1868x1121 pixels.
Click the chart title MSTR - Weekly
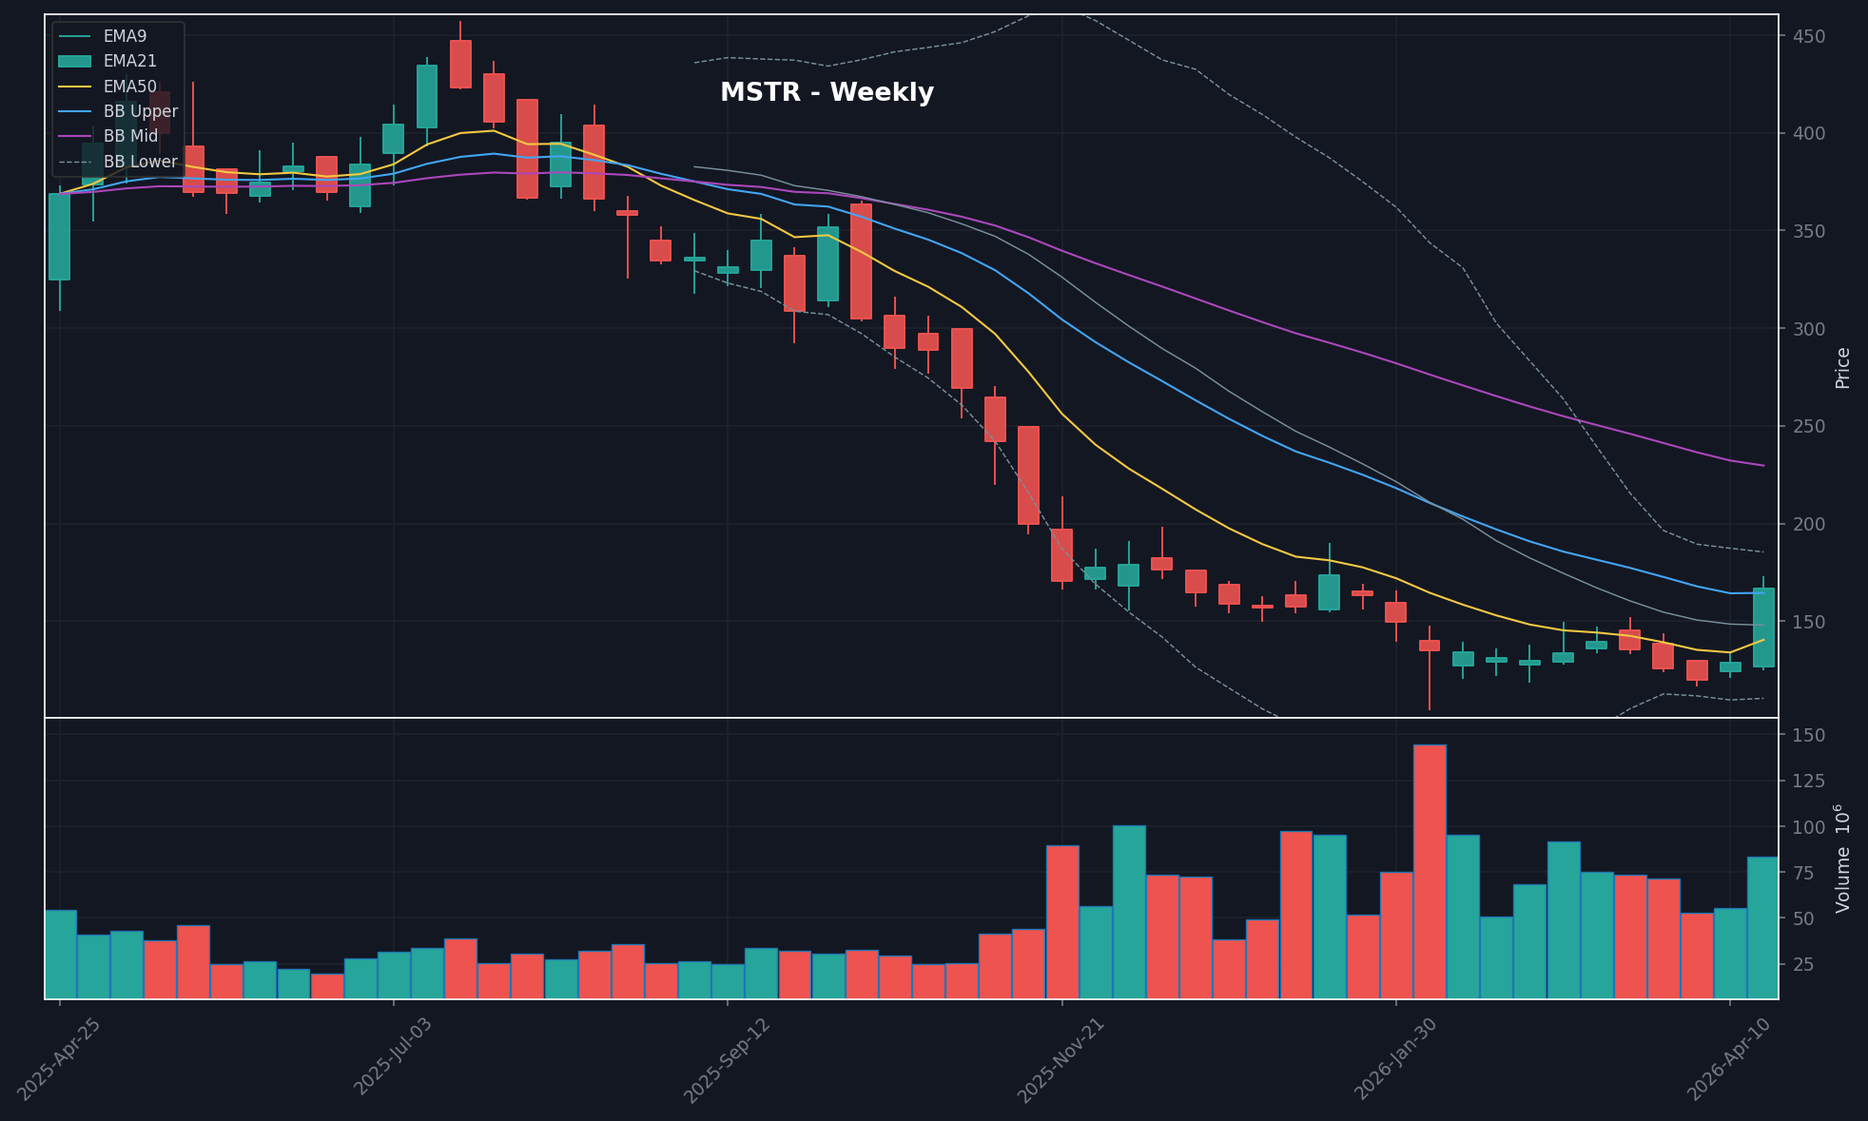[x=827, y=92]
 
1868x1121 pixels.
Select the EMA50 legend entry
[x=129, y=87]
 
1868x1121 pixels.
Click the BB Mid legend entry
[x=130, y=137]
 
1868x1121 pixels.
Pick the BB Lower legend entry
[x=140, y=162]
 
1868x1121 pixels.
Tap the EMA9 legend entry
[x=125, y=36]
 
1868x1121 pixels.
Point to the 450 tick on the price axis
[x=1810, y=36]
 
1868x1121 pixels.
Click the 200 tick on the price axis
[x=1810, y=524]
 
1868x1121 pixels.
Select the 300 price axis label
[x=1810, y=329]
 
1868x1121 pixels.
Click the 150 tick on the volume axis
[x=1808, y=735]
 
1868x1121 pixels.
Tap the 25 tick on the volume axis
[x=1808, y=964]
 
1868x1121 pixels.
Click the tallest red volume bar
[x=1430, y=871]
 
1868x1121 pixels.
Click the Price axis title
[x=1842, y=367]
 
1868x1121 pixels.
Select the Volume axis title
[x=1842, y=859]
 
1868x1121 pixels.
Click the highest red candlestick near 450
[x=460, y=64]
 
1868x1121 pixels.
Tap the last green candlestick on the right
[x=1762, y=627]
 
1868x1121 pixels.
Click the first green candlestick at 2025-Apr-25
[x=59, y=237]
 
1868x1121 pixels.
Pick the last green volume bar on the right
[x=1761, y=927]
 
